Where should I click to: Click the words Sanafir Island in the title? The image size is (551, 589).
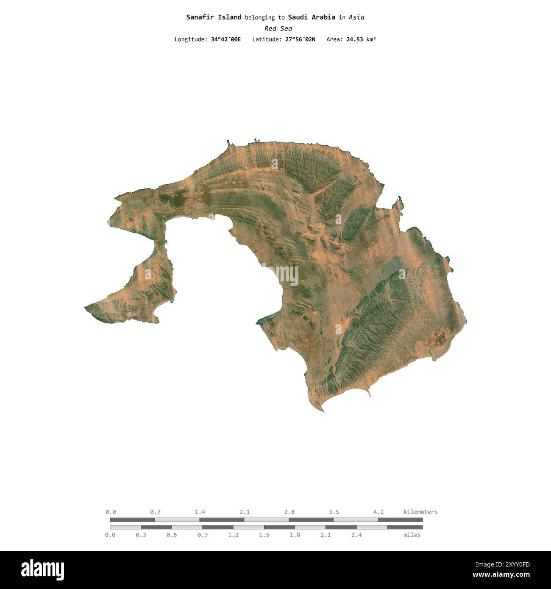pyautogui.click(x=214, y=17)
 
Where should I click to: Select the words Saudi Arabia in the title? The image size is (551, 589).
pyautogui.click(x=312, y=17)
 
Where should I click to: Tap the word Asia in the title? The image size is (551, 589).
pyautogui.click(x=356, y=17)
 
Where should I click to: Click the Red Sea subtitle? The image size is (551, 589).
pyautogui.click(x=278, y=28)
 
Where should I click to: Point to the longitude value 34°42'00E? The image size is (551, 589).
pyautogui.click(x=225, y=39)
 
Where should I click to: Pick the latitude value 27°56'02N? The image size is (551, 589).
pyautogui.click(x=300, y=39)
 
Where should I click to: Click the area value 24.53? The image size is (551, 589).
pyautogui.click(x=355, y=39)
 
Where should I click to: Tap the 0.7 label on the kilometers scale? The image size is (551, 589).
pyautogui.click(x=155, y=512)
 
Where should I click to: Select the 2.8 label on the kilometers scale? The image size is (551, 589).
pyautogui.click(x=289, y=512)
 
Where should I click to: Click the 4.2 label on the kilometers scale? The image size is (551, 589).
pyautogui.click(x=378, y=512)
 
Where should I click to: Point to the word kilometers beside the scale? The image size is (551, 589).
pyautogui.click(x=420, y=512)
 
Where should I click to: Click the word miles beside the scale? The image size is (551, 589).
pyautogui.click(x=412, y=535)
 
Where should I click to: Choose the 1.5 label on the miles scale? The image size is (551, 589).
pyautogui.click(x=264, y=535)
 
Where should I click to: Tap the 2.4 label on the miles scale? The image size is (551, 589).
pyautogui.click(x=356, y=535)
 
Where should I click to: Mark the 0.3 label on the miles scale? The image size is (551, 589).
pyautogui.click(x=141, y=535)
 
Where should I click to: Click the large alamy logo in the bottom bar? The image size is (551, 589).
pyautogui.click(x=42, y=570)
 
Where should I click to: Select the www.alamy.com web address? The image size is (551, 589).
pyautogui.click(x=501, y=575)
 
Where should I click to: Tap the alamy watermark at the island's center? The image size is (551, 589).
pyautogui.click(x=280, y=275)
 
